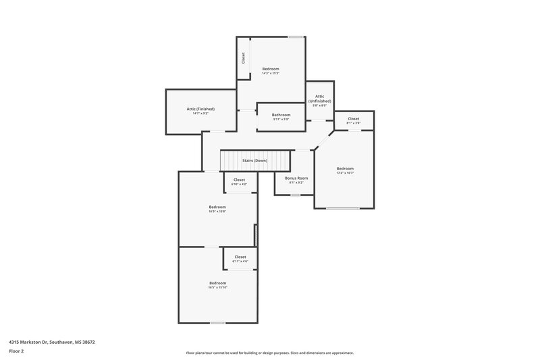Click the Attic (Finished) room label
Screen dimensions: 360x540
point(200,109)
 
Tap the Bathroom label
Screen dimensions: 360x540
point(281,115)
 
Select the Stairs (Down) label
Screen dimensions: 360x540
point(255,161)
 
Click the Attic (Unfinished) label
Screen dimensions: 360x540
point(320,99)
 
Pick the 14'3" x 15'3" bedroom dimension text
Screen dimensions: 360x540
point(271,74)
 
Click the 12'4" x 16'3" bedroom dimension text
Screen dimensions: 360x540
point(345,173)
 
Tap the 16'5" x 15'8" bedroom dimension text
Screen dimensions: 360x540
point(217,211)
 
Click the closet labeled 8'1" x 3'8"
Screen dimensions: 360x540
point(354,122)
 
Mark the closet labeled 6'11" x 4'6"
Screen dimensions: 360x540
point(240,259)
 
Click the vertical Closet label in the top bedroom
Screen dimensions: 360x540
point(243,59)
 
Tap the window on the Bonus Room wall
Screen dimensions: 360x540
point(295,195)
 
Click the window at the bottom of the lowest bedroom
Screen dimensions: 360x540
point(217,323)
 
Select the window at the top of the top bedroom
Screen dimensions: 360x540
point(295,36)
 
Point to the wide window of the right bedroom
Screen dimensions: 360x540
point(343,209)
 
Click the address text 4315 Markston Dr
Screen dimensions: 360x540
point(51,342)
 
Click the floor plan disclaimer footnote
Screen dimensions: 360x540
point(269,353)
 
